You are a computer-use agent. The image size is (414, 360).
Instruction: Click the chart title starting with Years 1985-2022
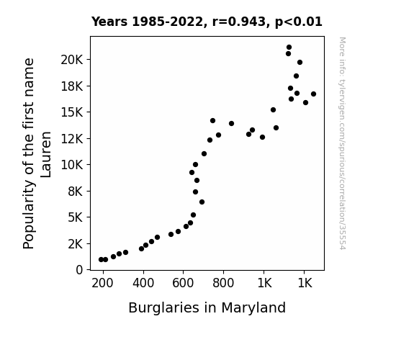tap(207, 22)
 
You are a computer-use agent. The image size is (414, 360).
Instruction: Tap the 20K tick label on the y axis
tap(72, 60)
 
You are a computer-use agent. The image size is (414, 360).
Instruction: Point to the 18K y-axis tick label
tap(72, 86)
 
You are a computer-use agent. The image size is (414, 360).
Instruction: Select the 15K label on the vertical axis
tap(72, 112)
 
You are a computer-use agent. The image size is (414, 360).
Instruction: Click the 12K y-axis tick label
tap(72, 139)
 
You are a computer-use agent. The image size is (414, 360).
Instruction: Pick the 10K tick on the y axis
tap(72, 165)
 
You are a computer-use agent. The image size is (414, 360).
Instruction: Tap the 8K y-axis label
tap(76, 192)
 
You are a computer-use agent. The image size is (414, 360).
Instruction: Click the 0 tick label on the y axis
tap(79, 270)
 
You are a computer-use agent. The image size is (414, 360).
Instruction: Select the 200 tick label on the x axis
tap(102, 283)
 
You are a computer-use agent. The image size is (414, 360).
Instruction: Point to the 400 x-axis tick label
tap(143, 283)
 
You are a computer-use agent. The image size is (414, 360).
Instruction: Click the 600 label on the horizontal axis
tap(183, 283)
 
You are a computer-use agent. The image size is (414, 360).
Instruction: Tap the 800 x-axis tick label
tap(223, 283)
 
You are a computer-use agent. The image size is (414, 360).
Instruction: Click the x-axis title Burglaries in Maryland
tap(207, 308)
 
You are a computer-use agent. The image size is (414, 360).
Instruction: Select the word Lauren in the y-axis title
tap(46, 155)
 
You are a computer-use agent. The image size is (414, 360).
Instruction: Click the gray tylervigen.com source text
tap(342, 143)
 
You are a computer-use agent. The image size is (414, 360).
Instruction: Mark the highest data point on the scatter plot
tap(289, 48)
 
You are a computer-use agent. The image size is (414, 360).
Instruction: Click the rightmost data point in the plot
tap(313, 94)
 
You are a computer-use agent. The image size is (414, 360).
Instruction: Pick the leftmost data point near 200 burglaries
tap(101, 260)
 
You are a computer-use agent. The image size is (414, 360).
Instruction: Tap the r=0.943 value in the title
tap(239, 22)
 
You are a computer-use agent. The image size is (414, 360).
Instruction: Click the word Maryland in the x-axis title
tap(253, 308)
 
